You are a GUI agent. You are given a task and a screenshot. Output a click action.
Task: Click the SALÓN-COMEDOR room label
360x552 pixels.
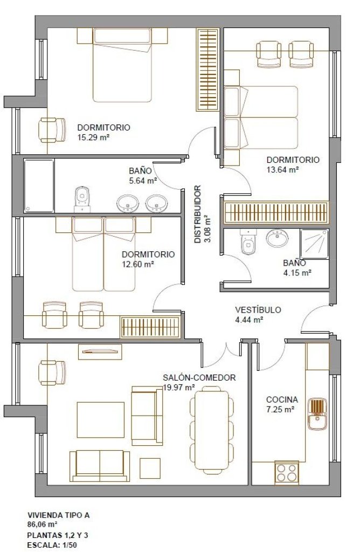point(199,378)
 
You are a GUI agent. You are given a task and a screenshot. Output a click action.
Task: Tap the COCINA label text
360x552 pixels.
point(282,399)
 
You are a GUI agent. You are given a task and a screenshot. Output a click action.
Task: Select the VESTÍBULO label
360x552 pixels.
point(258,310)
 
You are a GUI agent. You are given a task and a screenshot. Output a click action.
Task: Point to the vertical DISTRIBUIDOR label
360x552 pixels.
point(198,214)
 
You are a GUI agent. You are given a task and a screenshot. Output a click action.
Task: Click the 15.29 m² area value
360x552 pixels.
point(93,137)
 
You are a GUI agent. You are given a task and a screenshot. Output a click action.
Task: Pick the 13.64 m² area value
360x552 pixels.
point(282,170)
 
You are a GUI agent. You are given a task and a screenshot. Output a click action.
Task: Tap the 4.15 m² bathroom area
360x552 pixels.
point(297,272)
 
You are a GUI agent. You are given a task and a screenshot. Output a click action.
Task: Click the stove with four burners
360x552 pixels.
point(287,472)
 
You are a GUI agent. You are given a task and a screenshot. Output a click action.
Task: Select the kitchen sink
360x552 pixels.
point(318,414)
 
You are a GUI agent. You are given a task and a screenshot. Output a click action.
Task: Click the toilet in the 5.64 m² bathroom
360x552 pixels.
point(82,199)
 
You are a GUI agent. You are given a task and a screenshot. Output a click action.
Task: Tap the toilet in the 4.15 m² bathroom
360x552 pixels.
point(248,241)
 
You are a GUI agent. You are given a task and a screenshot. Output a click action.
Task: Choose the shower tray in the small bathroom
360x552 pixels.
point(314,244)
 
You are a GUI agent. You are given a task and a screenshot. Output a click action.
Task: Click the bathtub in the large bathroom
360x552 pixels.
point(39,185)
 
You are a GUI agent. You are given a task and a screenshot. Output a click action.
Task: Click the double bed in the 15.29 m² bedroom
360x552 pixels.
point(122,65)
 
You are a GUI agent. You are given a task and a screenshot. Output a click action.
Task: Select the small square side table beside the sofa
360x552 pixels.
point(150,468)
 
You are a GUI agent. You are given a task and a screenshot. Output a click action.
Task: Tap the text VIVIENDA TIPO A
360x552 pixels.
point(58,515)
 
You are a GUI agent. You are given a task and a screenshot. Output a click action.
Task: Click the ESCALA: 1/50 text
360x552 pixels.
point(52,546)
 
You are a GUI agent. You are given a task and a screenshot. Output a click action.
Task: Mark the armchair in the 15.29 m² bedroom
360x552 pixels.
point(52,130)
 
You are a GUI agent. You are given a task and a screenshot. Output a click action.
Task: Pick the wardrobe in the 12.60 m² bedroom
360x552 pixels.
point(150,327)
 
